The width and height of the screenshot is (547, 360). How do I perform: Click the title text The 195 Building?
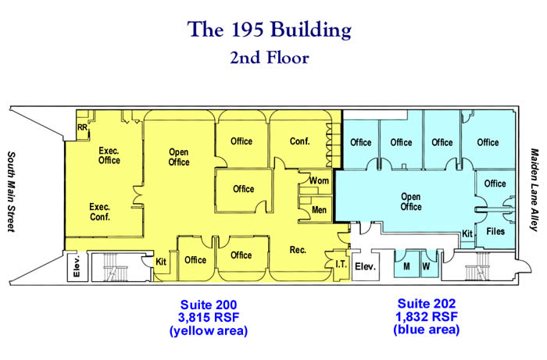270,30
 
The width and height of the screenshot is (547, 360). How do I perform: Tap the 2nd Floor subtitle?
270,58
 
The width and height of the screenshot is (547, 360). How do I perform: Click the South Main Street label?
12,191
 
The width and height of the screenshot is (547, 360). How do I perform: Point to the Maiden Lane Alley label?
534,190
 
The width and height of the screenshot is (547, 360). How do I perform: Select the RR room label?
83,127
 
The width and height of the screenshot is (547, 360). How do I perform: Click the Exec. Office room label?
109,155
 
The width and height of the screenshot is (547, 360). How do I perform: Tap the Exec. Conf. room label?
100,212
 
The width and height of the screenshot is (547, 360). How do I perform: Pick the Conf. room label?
299,141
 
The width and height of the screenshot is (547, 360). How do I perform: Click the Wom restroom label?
319,181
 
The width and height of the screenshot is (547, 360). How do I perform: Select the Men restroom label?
319,210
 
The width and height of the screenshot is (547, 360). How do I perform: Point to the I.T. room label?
341,265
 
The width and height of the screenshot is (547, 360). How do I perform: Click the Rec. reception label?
298,250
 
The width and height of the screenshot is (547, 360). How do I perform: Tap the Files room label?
495,231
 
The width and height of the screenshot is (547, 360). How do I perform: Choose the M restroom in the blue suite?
406,266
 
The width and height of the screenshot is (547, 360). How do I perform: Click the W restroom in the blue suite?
426,266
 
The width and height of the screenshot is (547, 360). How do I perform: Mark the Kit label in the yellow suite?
161,262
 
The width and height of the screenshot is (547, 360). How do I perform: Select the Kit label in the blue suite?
467,233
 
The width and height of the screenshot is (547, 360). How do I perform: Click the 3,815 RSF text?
209,318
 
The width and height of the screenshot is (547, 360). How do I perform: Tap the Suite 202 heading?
427,304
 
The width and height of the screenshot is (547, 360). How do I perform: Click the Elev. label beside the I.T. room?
365,267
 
